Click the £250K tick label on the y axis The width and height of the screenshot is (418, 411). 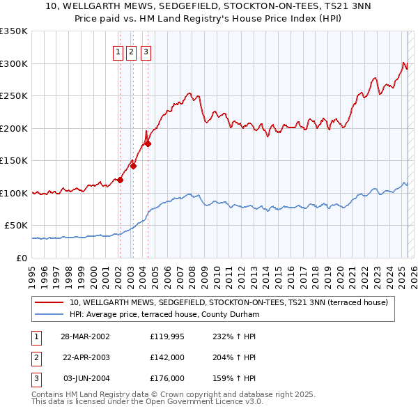click(x=15, y=95)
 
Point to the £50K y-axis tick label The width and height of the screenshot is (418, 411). click(x=17, y=225)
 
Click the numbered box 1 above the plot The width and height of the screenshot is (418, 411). click(x=118, y=51)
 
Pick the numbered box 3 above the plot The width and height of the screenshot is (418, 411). click(x=146, y=51)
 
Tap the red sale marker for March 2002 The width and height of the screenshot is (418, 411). click(x=120, y=180)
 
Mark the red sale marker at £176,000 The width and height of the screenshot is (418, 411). click(x=148, y=144)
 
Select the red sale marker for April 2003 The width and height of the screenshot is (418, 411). click(x=133, y=166)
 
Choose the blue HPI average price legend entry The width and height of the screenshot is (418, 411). click(x=164, y=314)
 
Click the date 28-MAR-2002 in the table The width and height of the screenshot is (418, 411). click(x=85, y=336)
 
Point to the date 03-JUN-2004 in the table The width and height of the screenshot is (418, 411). click(x=85, y=378)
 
